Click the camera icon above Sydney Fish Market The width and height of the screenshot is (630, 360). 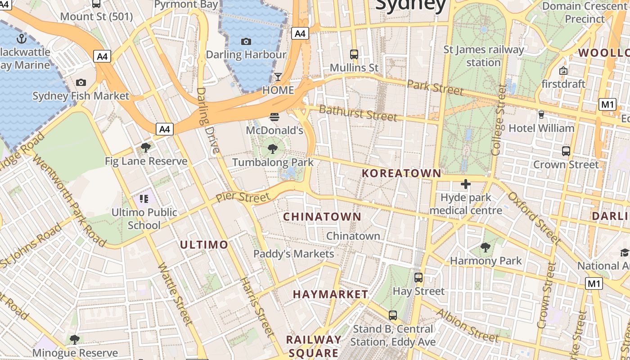tap(81, 82)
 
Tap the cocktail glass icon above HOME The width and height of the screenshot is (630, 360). tap(278, 76)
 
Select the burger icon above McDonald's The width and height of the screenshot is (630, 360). tap(274, 117)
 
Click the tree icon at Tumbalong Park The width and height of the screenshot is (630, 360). tap(272, 148)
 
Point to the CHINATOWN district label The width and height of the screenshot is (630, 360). tap(322, 217)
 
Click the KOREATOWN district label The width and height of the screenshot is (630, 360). tap(401, 173)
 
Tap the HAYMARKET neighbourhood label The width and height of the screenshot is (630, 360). tap(331, 294)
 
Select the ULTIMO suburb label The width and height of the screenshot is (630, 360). tap(204, 245)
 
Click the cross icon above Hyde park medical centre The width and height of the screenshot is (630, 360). tap(466, 184)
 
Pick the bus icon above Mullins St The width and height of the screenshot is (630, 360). tap(354, 54)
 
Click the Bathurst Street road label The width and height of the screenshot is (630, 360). tap(358, 112)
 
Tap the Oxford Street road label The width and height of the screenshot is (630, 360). tap(534, 218)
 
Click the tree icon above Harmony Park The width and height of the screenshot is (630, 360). tap(486, 247)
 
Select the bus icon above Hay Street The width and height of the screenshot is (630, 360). tap(418, 278)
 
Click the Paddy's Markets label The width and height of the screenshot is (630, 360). tap(294, 254)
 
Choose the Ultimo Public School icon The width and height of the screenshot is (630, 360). tap(144, 198)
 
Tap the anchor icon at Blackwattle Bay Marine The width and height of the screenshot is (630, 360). tap(21, 38)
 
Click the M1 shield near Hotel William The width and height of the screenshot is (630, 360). tap(607, 105)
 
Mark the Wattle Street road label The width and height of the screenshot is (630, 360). tap(175, 293)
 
